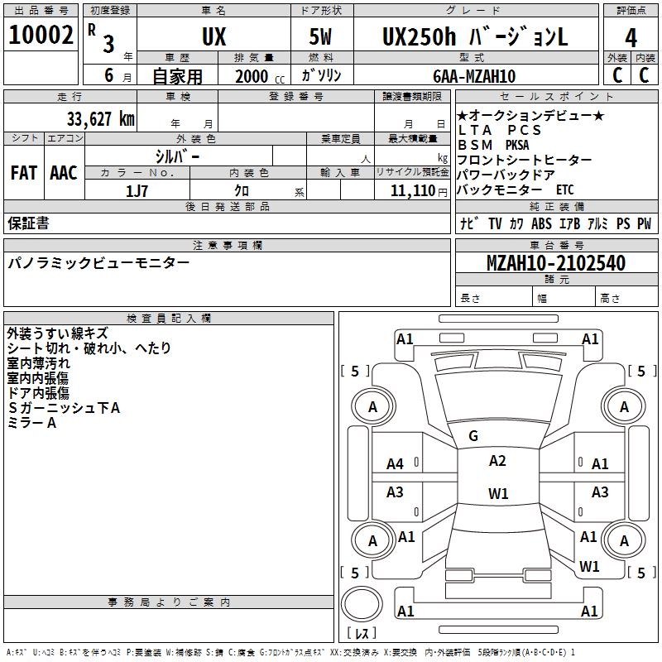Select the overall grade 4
pos(631,37)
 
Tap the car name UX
pos(213,37)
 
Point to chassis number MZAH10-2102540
pos(556,264)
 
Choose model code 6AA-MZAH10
pos(474,76)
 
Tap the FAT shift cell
pos(24,173)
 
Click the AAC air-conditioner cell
pos(64,173)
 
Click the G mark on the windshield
pos(473,436)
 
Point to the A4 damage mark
pos(396,464)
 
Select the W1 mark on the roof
pos(498,494)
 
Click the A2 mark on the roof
pos(497,461)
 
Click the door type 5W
pos(321,37)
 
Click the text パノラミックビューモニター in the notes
pos(98,263)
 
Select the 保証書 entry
pos(28,223)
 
